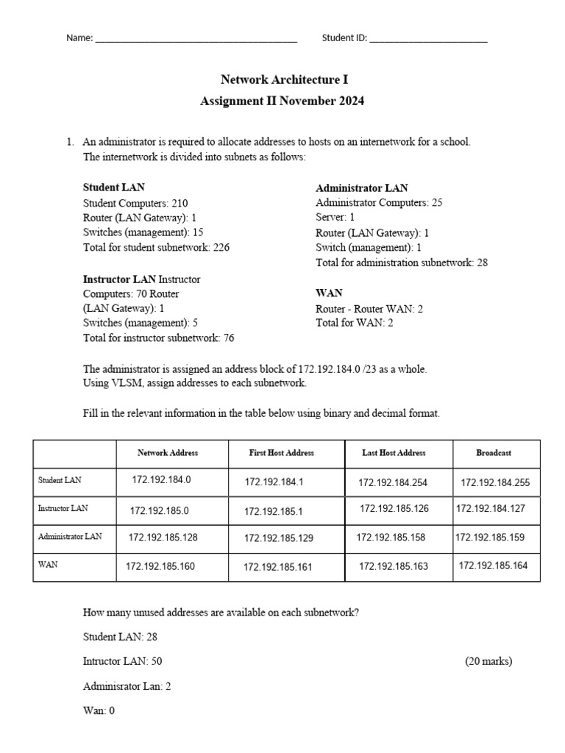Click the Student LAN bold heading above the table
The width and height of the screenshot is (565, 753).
113,188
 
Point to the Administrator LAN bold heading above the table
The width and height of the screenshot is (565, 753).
361,188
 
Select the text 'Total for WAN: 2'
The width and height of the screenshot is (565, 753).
354,324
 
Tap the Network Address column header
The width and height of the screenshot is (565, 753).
168,453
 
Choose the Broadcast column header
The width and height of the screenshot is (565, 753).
494,453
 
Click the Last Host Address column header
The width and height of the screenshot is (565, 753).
394,453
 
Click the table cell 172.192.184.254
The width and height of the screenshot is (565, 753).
393,483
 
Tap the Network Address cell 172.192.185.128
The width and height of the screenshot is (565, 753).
163,538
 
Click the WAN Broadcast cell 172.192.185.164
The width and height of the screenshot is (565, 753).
494,566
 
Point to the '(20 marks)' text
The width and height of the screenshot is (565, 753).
488,661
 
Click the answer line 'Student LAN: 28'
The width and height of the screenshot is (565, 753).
120,637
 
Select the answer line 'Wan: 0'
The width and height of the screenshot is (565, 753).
99,711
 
